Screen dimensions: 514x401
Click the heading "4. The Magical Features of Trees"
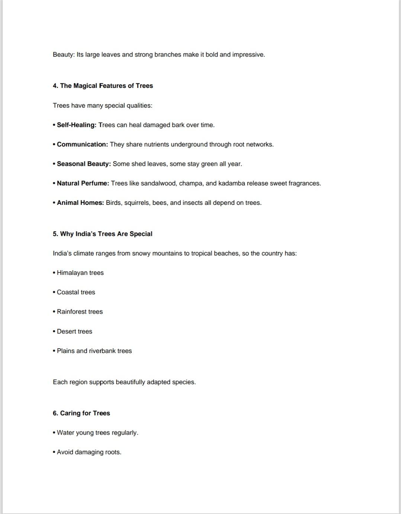pos(103,86)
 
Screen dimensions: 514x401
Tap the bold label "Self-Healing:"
pos(76,125)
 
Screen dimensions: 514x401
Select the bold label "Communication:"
pos(82,145)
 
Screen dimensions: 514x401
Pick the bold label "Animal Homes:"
pos(80,203)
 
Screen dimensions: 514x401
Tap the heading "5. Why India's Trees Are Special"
pos(102,234)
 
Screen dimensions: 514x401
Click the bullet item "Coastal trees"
pos(76,292)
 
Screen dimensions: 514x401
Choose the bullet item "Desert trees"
pos(74,331)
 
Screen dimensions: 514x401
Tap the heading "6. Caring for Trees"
pos(81,413)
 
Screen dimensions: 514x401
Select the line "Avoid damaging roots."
pos(89,452)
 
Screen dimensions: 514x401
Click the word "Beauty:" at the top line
pos(64,55)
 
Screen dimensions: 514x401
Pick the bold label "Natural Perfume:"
pos(83,183)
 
